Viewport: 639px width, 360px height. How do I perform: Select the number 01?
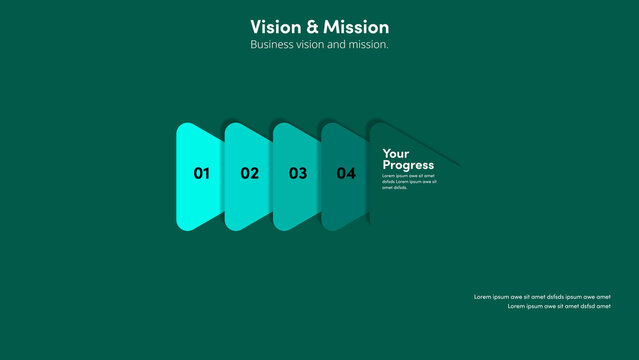202,173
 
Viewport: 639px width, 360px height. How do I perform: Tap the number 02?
250,173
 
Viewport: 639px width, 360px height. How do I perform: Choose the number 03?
298,173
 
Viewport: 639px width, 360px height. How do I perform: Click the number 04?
346,173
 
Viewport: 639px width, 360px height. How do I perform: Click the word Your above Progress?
396,154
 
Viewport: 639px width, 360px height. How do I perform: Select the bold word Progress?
408,165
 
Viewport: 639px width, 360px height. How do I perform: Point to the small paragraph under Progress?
409,181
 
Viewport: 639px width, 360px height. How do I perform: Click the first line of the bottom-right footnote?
542,297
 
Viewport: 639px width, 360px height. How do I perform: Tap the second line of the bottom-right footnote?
559,306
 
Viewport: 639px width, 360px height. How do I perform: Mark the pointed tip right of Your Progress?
460,163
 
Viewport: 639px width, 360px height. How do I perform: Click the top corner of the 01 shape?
184,125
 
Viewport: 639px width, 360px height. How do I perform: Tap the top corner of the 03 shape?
280,125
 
